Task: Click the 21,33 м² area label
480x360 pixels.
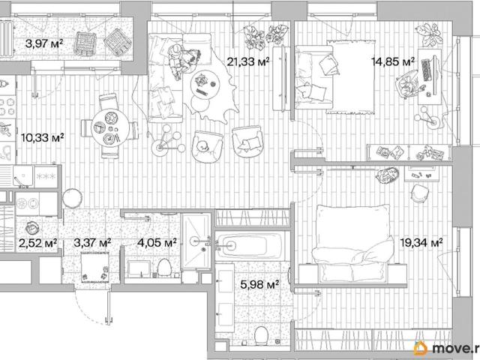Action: tap(248, 62)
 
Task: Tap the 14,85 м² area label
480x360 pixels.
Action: tap(393, 61)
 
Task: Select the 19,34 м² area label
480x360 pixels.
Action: tap(421, 243)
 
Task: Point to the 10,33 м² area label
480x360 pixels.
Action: tap(43, 137)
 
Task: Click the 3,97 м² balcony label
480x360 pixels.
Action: tap(44, 43)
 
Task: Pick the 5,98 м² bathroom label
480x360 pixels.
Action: tap(259, 285)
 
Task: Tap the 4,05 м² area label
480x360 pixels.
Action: tap(157, 243)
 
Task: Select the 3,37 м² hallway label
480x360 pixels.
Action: tap(92, 243)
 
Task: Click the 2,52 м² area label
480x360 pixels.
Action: tap(38, 243)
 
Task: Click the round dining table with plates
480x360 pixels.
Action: tap(110, 128)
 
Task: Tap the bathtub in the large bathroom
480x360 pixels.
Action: tap(249, 245)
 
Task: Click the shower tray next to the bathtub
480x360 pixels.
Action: tap(195, 241)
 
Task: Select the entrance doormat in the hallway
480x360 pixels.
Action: tap(95, 267)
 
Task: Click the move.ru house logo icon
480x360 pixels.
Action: tap(421, 348)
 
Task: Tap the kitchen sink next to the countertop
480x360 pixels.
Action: tap(22, 176)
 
